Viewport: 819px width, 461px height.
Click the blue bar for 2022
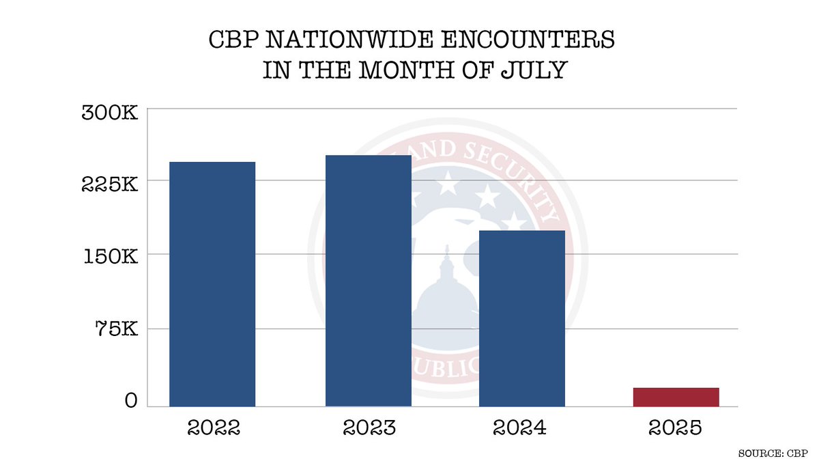click(x=212, y=284)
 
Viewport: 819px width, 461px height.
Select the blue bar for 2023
click(x=369, y=281)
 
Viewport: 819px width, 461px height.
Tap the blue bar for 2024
click(x=522, y=318)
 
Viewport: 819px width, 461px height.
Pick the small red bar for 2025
click(x=676, y=397)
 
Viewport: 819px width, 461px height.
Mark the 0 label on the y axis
click(x=131, y=402)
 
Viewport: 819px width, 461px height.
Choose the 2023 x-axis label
click(x=369, y=428)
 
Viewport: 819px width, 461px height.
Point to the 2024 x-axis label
click(x=522, y=428)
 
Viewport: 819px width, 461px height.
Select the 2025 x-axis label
click(x=676, y=428)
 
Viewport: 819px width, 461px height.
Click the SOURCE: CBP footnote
click(x=773, y=453)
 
